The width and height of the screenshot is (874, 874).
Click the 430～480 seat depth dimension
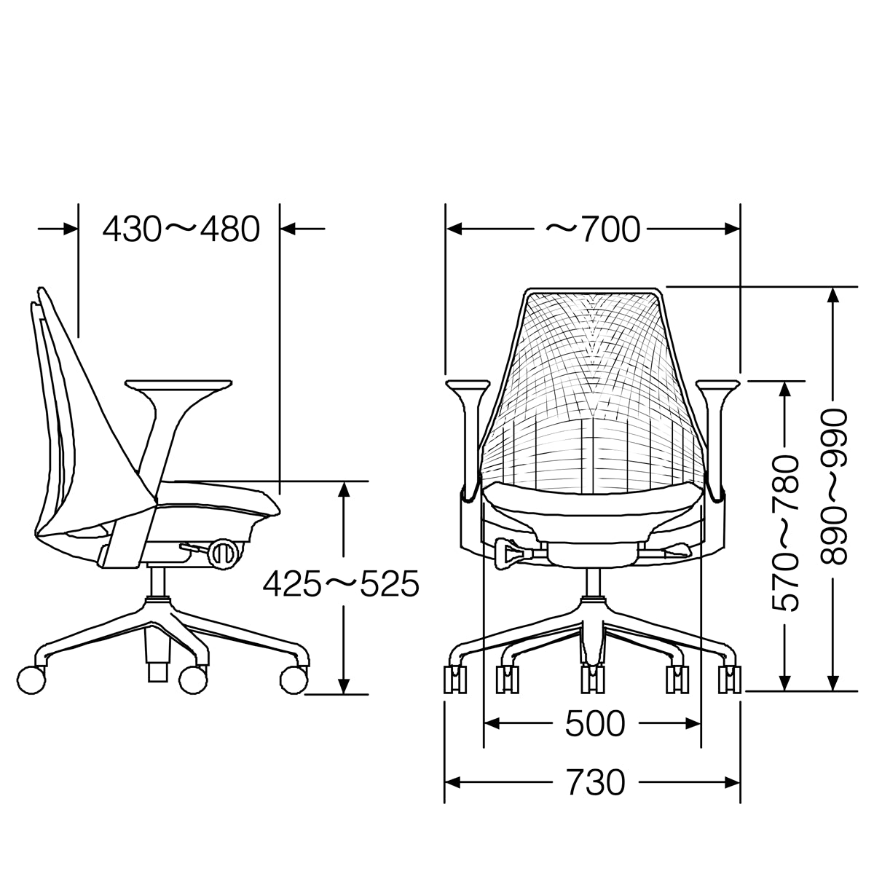[181, 229]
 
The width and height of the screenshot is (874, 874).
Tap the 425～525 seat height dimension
[341, 583]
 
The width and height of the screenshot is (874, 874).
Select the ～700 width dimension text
[593, 229]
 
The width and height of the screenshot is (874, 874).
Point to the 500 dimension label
[594, 723]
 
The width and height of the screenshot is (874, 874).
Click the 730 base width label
[594, 783]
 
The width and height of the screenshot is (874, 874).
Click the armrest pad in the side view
[178, 385]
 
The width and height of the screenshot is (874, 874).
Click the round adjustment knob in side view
[223, 553]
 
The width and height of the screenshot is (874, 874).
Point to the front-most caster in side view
[294, 680]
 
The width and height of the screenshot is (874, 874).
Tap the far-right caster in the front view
[729, 680]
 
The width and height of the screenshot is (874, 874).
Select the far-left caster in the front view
[455, 680]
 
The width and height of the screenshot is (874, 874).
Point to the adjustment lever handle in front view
[507, 551]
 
